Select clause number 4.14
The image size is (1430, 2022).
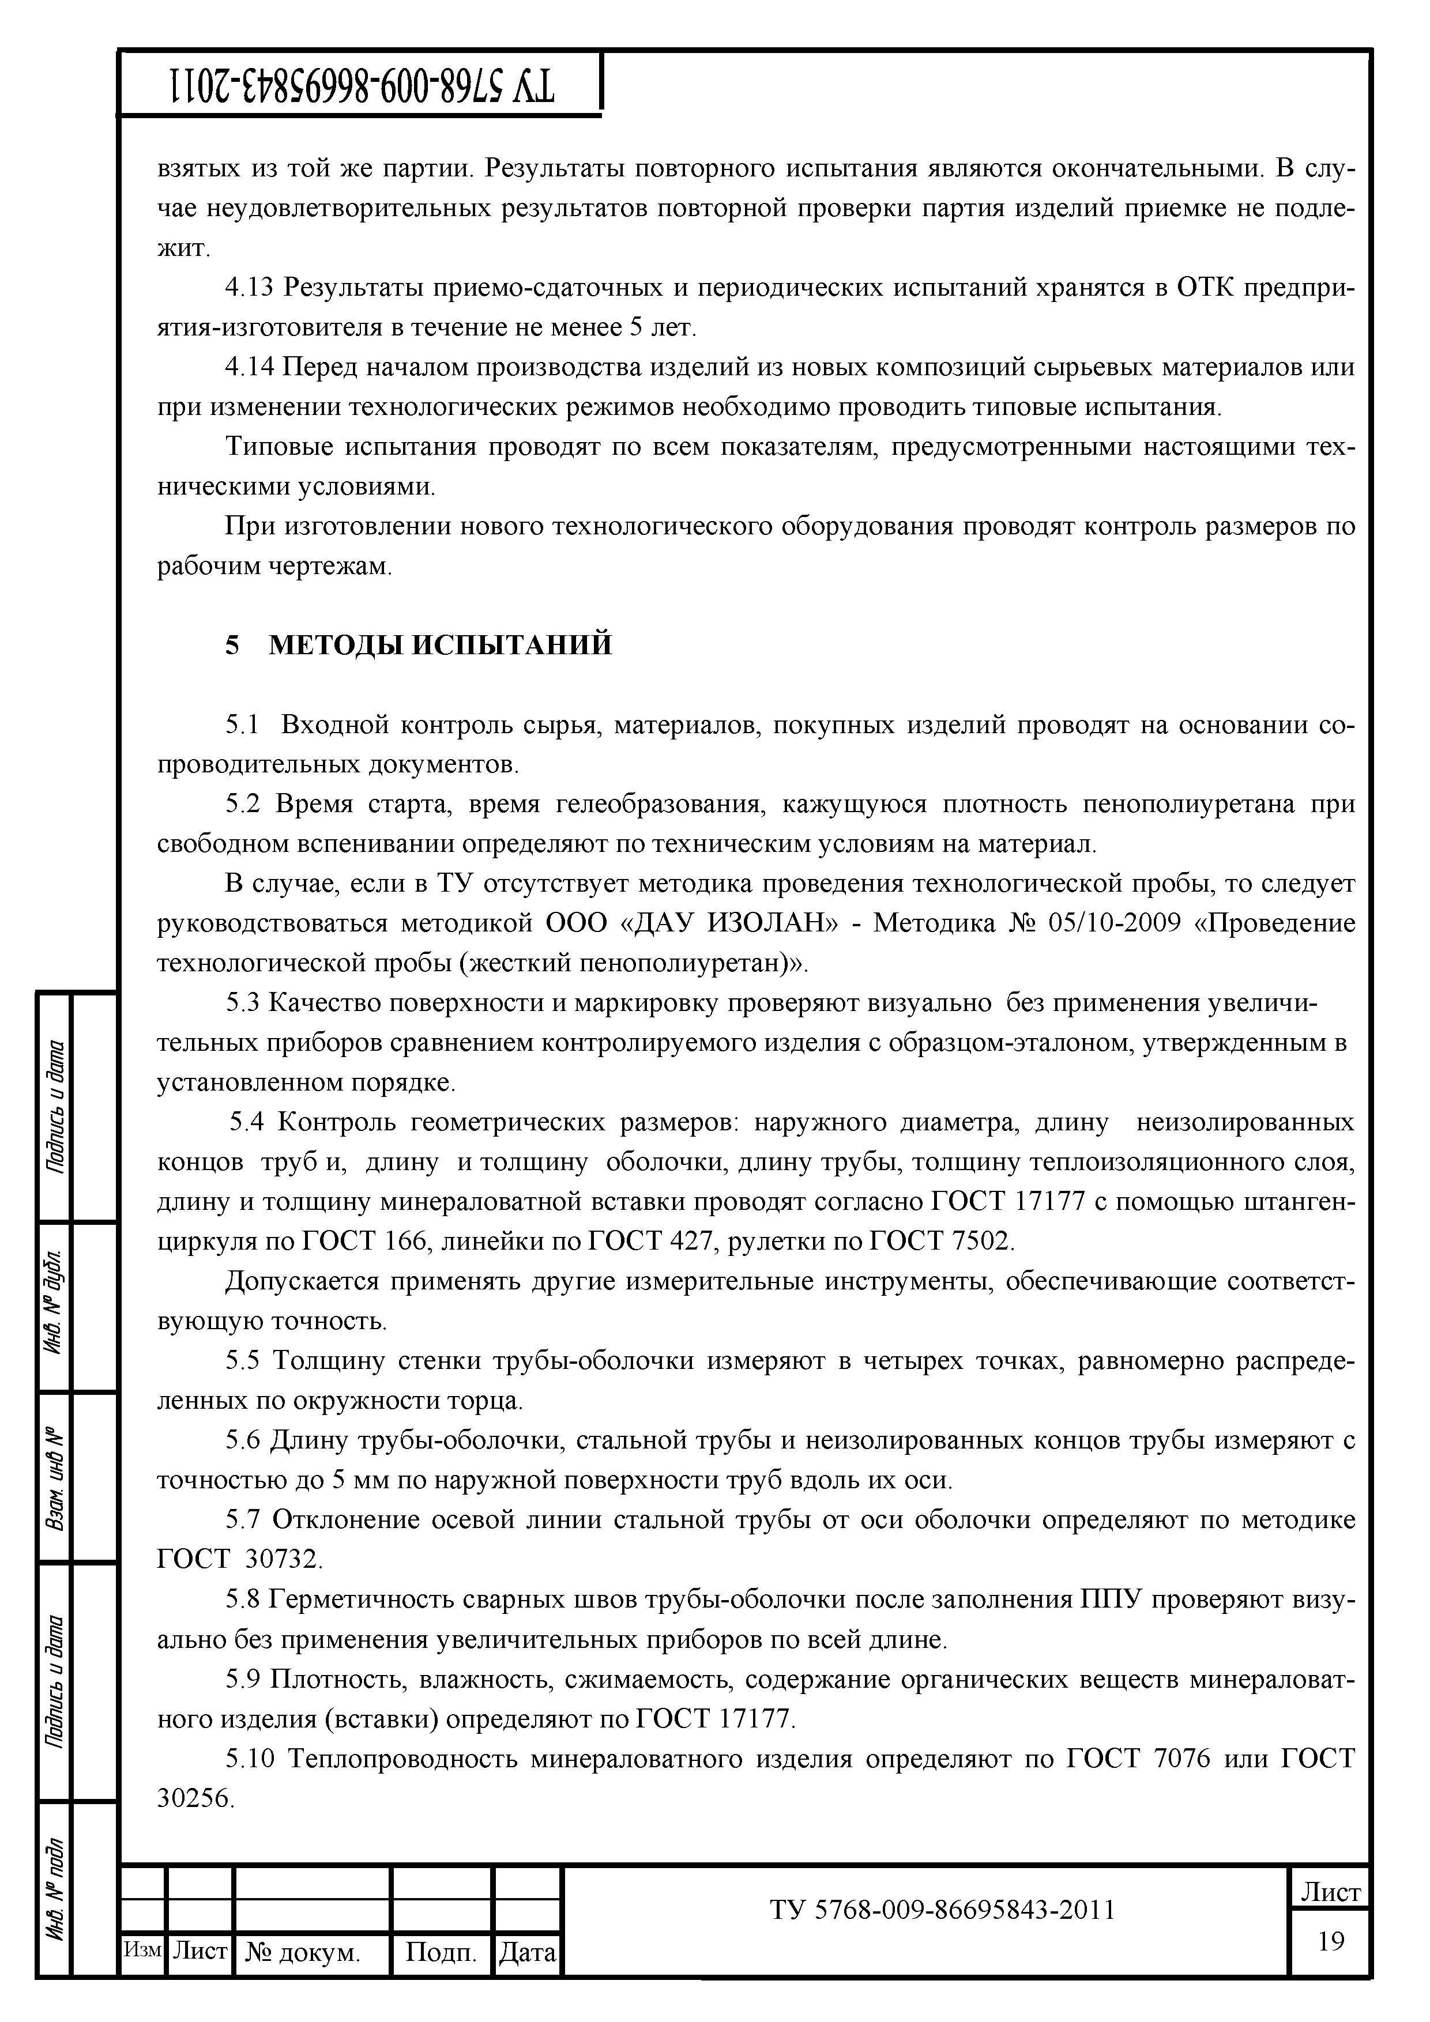250,367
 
